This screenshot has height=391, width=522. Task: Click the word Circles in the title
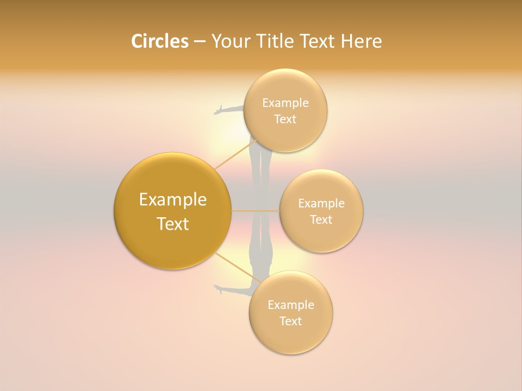159,41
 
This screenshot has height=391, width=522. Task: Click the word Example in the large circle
173,200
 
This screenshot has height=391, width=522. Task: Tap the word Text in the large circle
173,224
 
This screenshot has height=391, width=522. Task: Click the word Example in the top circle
285,103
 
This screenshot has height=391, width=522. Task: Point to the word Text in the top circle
285,119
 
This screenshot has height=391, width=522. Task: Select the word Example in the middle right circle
321,204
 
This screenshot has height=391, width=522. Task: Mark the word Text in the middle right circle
321,220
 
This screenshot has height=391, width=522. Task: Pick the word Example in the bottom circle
291,305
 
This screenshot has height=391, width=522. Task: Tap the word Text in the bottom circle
291,321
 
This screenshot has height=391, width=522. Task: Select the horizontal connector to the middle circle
256,211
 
